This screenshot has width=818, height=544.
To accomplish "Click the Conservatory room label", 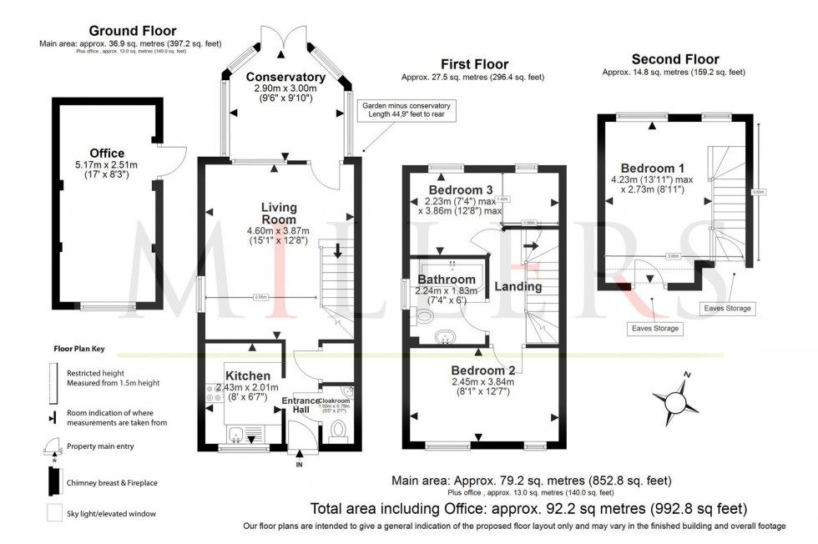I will coord(285,78).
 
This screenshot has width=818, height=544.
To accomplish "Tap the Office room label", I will coord(107,153).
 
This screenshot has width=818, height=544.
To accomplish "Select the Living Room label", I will coord(279,214).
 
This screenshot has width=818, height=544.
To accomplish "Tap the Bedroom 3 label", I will coord(460,189).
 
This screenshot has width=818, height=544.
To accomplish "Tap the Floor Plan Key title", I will coord(80,349).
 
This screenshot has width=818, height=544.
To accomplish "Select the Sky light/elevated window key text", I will coord(112,513).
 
